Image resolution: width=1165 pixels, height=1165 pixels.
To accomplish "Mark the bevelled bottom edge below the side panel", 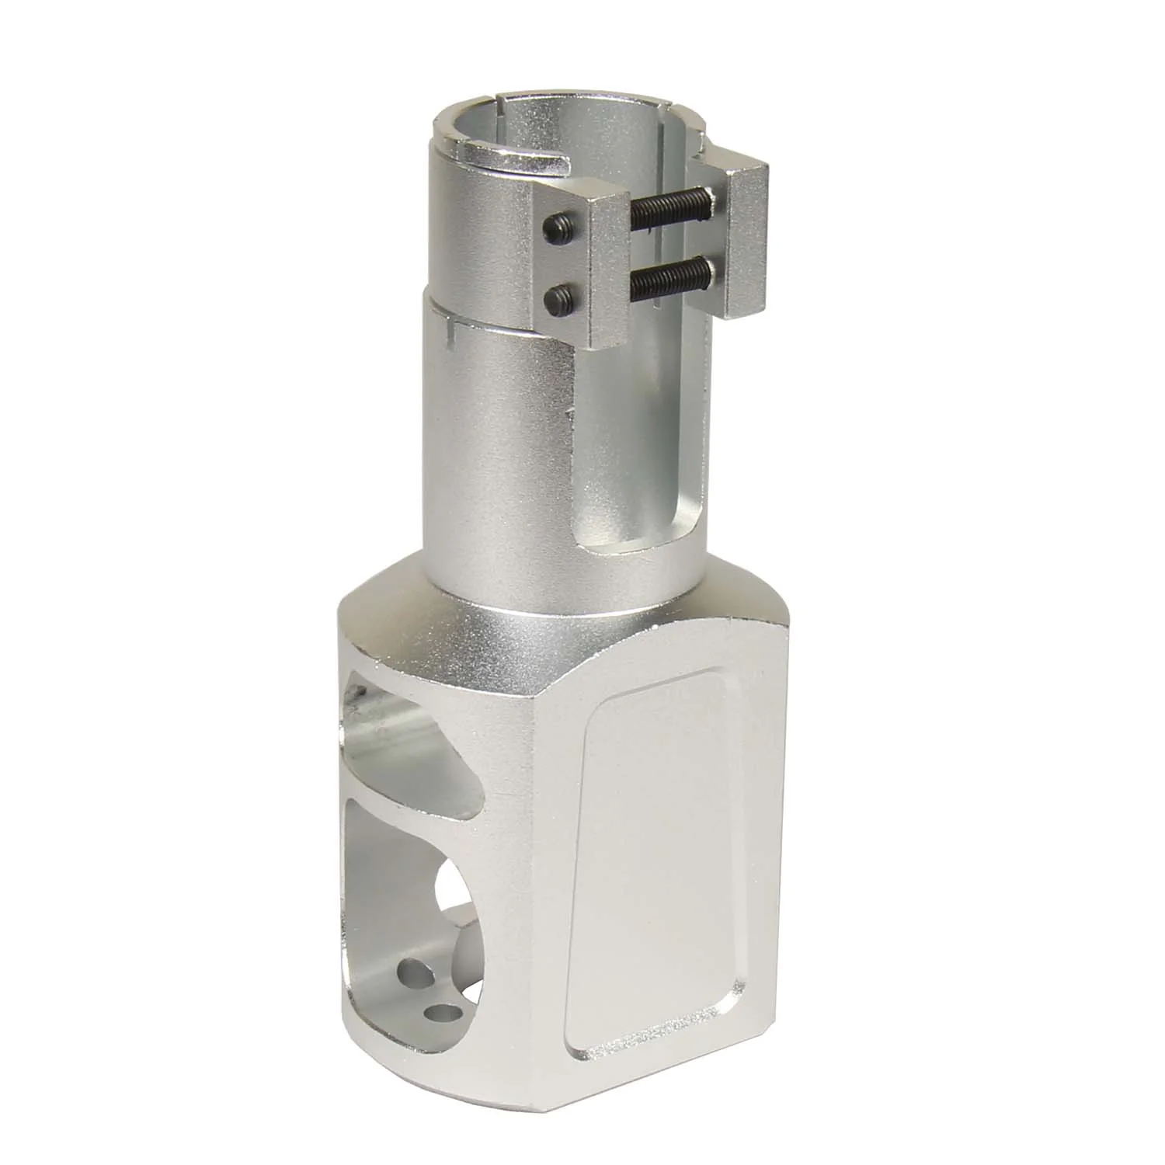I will (x=660, y=1068).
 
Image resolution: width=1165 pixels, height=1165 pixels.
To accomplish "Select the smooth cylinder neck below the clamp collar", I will (x=497, y=466).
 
